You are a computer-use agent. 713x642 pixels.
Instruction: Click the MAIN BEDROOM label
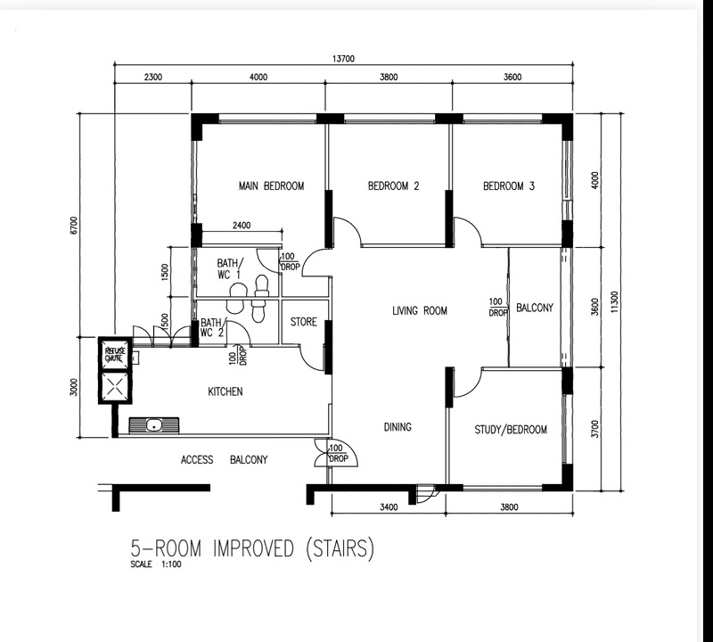click(272, 185)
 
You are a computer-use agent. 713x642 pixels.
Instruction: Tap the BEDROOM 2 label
click(393, 185)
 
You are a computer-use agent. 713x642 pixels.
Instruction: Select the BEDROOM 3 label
click(509, 185)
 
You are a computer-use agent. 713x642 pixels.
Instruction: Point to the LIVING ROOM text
click(420, 311)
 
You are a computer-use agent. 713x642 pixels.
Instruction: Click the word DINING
click(397, 427)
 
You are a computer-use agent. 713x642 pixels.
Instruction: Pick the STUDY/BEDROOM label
click(511, 430)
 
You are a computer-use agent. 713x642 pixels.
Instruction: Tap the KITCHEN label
click(225, 391)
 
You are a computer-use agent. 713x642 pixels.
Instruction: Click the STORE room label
click(303, 322)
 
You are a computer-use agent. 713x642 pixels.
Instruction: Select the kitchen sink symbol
click(154, 425)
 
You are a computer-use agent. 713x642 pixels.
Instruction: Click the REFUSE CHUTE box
click(115, 355)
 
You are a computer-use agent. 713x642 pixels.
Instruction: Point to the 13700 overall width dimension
click(343, 59)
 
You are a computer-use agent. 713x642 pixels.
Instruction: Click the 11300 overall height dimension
click(615, 301)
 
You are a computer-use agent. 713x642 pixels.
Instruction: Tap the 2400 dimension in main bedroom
click(242, 226)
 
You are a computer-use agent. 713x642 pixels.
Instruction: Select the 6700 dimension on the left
click(74, 226)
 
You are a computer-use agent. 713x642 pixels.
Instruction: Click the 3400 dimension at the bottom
click(389, 506)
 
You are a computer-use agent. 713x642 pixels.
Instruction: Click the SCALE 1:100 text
click(156, 564)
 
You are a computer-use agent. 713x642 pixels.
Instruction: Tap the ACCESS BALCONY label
click(225, 459)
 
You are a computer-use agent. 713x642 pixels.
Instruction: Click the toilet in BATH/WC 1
click(261, 285)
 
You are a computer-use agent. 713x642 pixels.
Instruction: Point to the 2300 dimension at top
click(153, 77)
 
